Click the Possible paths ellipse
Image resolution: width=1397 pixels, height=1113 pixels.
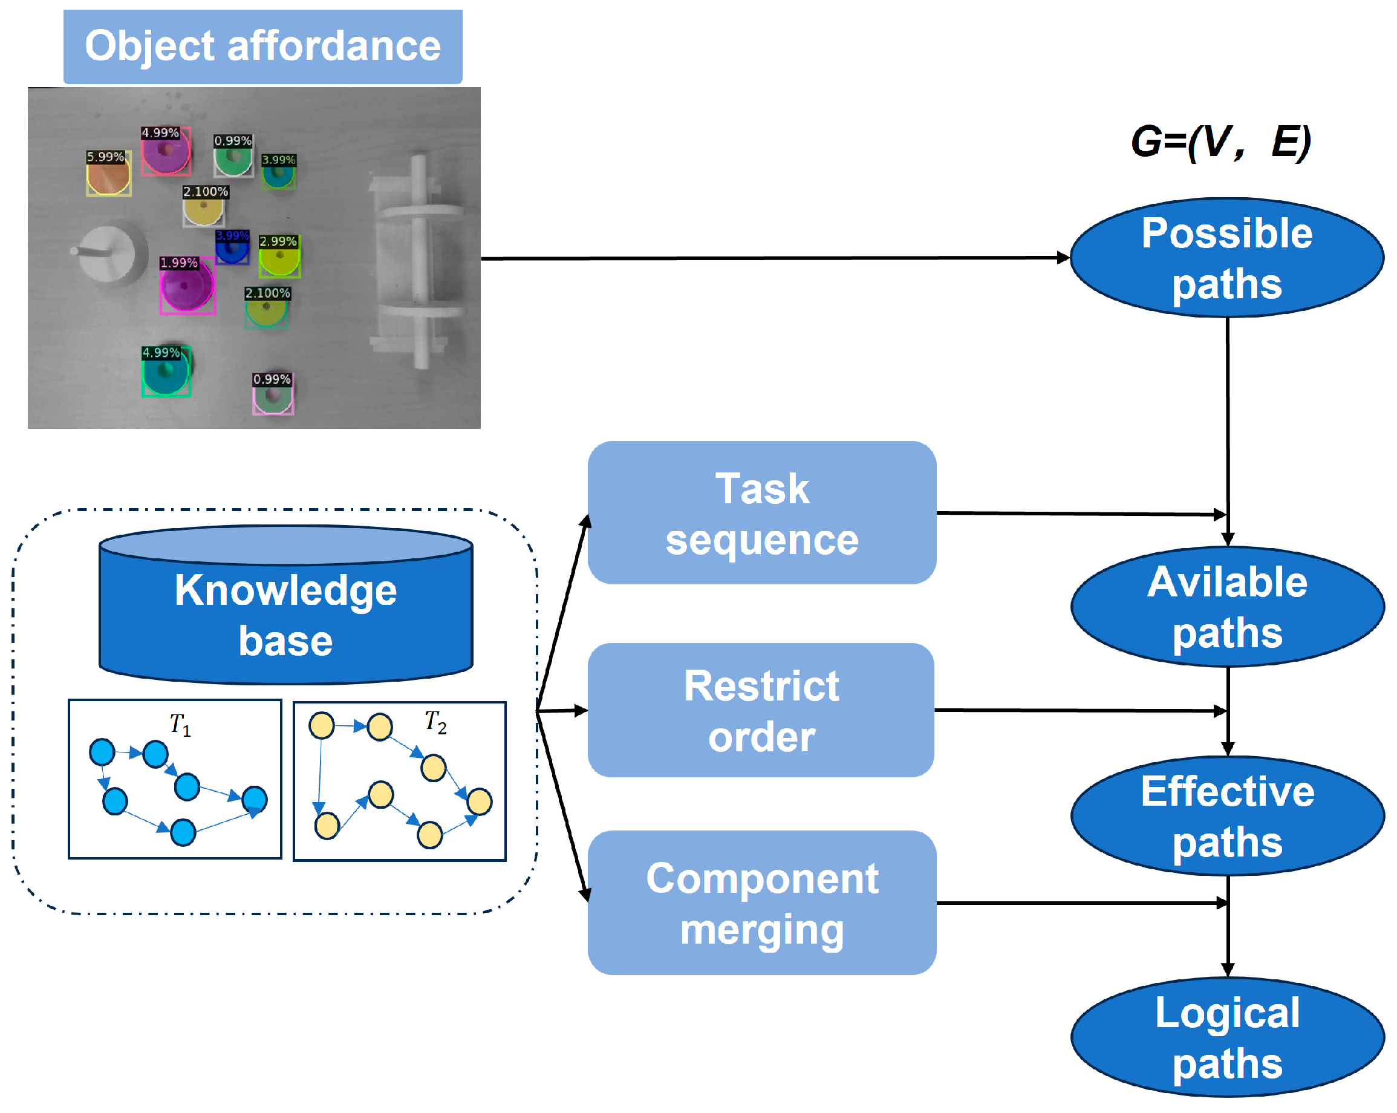1226,258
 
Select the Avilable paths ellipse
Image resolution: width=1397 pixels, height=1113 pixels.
1226,607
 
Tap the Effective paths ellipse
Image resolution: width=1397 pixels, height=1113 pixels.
1226,816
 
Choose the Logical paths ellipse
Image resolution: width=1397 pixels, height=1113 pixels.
1226,1037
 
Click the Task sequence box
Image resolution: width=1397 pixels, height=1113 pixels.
761,514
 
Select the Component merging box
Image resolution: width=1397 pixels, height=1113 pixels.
761,903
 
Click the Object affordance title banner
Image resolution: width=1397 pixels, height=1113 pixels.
262,46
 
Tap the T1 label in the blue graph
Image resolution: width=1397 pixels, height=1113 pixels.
180,725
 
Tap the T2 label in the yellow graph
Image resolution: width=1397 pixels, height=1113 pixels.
435,722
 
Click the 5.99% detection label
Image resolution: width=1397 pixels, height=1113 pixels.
105,157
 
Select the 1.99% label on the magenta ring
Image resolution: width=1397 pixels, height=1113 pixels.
178,263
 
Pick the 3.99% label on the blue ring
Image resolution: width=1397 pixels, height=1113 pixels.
232,235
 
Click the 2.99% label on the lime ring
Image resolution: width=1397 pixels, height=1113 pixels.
278,241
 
